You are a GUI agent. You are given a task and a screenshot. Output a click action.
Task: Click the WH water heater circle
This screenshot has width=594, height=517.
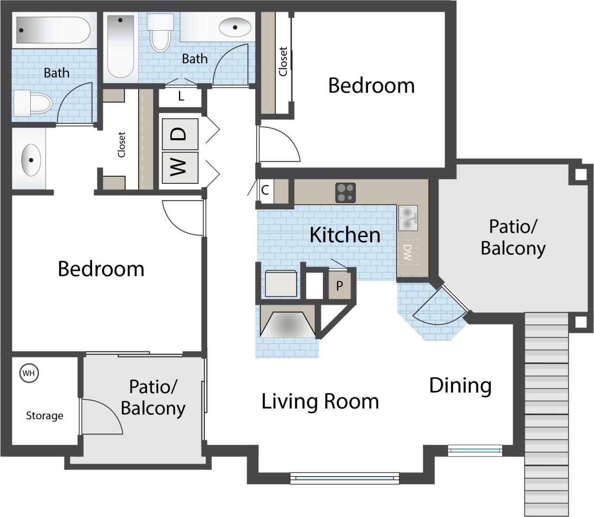29,373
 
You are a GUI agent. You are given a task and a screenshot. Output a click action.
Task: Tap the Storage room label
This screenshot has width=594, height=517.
44,416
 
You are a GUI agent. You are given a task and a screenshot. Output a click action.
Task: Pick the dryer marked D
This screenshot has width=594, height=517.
179,134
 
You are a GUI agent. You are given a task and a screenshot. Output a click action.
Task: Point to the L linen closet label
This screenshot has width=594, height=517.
181,96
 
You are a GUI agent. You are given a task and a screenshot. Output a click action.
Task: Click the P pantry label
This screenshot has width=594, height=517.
340,286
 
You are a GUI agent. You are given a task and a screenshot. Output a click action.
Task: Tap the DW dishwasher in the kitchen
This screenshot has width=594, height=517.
407,252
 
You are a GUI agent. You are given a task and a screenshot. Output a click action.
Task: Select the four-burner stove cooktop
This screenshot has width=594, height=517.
345,193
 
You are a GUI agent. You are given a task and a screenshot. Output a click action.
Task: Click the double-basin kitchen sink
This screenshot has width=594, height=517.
408,218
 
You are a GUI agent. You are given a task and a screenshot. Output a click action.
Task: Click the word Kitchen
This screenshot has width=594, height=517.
345,235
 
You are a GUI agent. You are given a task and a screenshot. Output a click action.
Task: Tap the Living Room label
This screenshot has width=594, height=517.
320,401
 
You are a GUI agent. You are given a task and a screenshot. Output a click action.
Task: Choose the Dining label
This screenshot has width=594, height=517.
460,385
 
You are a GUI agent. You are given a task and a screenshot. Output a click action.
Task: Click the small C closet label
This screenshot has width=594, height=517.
265,191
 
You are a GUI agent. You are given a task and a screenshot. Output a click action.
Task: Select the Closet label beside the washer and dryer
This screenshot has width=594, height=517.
121,144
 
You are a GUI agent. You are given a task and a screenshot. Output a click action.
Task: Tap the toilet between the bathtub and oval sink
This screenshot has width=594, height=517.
160,33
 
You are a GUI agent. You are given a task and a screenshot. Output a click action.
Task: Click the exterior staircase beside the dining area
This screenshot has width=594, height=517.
546,413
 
